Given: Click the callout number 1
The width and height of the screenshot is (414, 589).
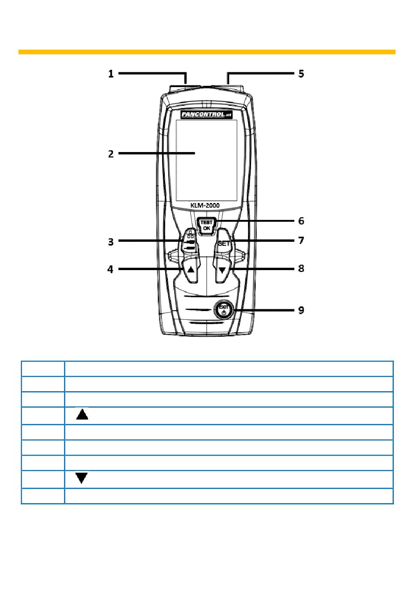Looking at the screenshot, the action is pos(111,74).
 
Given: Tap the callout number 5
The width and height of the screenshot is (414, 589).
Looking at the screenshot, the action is pos(301,73).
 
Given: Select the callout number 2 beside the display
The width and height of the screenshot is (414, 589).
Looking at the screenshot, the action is pos(111,154).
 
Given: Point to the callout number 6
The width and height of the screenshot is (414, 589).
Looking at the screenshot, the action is pos(301,221).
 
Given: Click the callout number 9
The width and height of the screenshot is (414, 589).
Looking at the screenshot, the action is pos(301,310).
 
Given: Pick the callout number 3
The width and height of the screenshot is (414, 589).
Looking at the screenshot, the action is pos(111,241).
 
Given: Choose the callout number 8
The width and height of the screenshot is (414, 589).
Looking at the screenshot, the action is pos(301,268).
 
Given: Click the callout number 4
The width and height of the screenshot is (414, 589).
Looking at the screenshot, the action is pos(111,270).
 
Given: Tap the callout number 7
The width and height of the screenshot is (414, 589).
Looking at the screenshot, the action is pos(301,240).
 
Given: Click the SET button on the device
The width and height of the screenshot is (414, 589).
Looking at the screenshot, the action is pos(224,244).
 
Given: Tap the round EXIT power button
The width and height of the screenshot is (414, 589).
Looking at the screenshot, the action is pos(224,310).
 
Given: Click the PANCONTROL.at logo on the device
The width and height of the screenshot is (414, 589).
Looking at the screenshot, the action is pos(207,114).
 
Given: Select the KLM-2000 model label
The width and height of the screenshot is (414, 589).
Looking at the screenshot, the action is pos(205,205).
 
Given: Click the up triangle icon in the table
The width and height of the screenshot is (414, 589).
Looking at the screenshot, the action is pos(82,414).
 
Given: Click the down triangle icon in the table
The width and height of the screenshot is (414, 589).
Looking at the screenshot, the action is pos(82,478).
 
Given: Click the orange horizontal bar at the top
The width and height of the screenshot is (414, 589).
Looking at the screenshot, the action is pos(207,52).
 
